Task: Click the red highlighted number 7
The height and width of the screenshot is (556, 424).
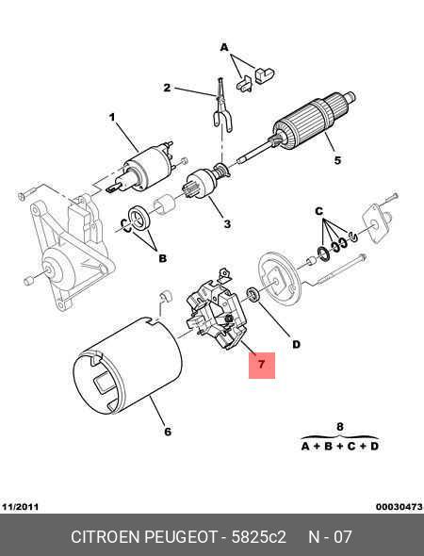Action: tap(261, 365)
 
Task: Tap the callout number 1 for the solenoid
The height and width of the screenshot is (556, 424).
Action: tap(112, 117)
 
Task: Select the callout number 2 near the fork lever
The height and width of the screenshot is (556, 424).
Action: tap(167, 88)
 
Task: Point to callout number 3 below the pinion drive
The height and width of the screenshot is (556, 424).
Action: tap(227, 224)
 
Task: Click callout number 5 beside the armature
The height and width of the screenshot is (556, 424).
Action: tap(337, 160)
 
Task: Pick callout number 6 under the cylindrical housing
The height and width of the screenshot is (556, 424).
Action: tap(168, 432)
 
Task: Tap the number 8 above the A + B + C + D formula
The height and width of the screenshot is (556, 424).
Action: tap(339, 426)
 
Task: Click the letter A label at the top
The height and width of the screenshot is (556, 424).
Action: tap(224, 47)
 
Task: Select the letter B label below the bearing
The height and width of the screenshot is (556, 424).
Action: tap(162, 258)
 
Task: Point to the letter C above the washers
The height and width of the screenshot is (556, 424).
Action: tap(319, 211)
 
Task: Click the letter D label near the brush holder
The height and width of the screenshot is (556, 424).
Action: tap(296, 344)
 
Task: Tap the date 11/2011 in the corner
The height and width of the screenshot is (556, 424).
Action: tap(20, 507)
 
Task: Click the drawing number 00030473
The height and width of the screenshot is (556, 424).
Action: tap(400, 507)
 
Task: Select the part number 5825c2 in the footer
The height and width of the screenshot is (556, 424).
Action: tap(258, 537)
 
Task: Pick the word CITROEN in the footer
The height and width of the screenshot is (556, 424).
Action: tap(106, 537)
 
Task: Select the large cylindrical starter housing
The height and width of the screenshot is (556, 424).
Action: tap(127, 366)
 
